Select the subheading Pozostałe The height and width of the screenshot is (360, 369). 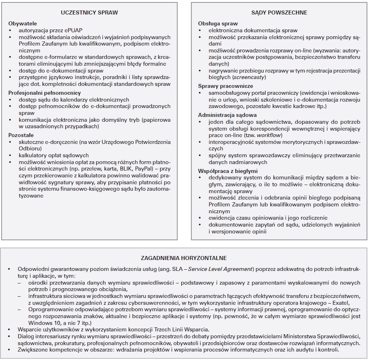tap(21, 135)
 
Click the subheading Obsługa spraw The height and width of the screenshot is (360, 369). tap(218, 24)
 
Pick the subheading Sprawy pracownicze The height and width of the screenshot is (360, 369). tap(225, 86)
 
